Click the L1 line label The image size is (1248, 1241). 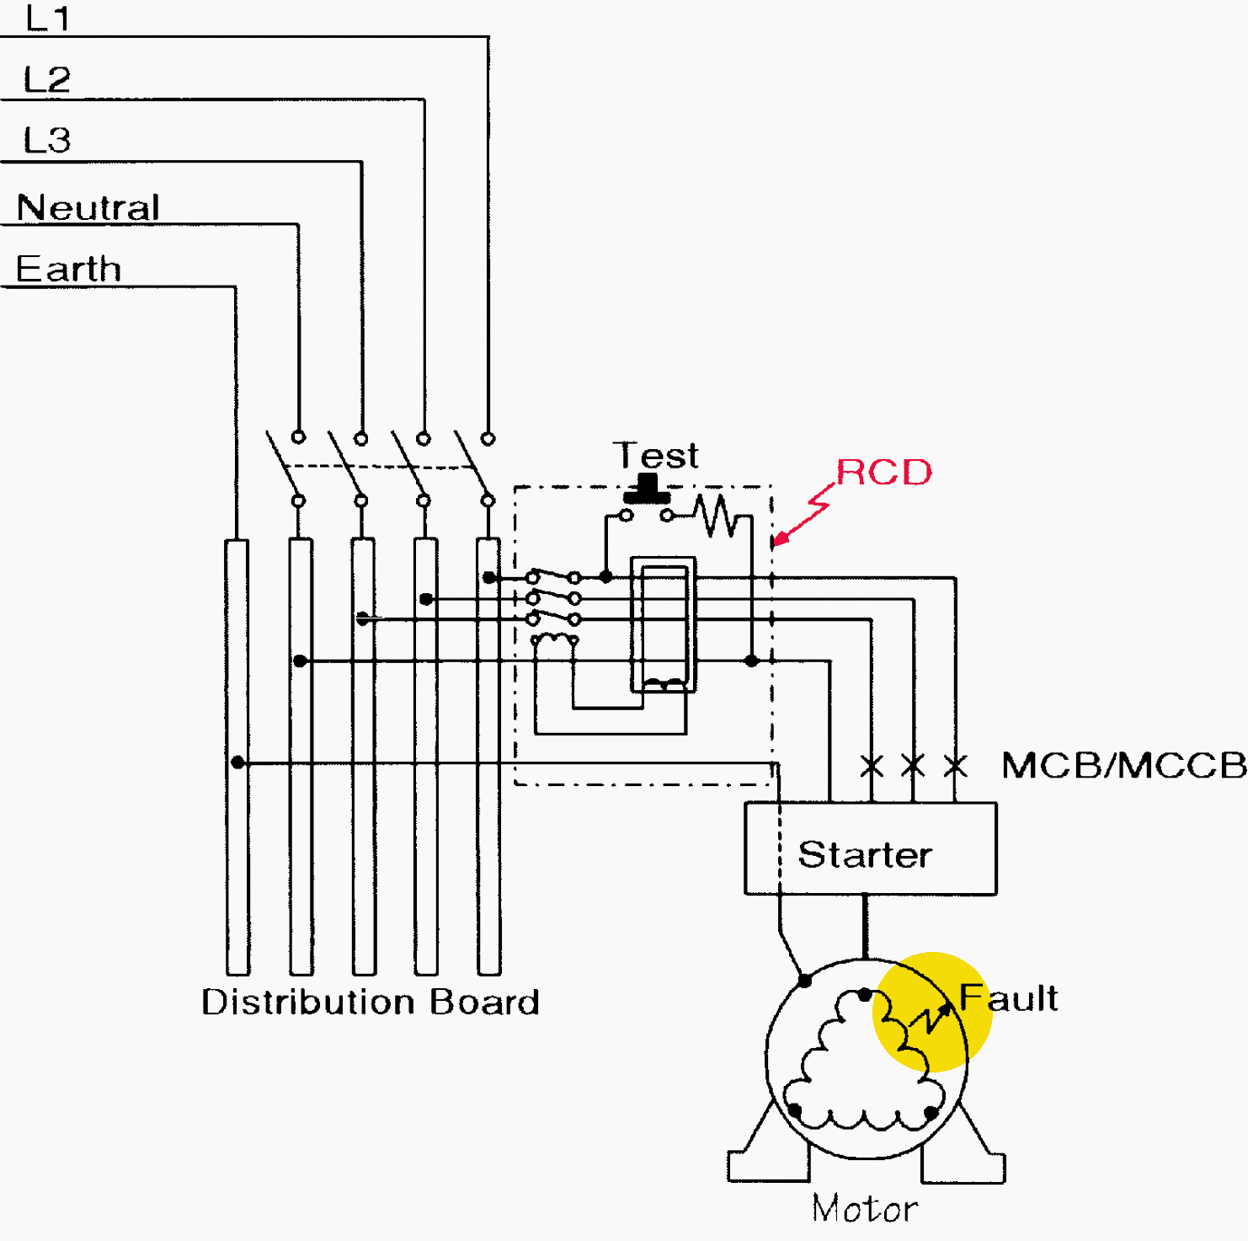48,19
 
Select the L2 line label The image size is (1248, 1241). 47,80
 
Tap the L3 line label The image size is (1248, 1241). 47,141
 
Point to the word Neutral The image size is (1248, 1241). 88,207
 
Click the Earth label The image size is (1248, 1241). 69,269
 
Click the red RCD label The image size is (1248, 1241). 884,473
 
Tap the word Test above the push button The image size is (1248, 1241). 656,456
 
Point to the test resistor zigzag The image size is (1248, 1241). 716,516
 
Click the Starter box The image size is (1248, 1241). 871,848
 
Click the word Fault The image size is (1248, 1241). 1009,998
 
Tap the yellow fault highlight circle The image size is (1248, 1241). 932,1012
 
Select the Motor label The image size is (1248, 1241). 865,1209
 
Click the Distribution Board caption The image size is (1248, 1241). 371,1003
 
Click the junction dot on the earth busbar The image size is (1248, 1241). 237,762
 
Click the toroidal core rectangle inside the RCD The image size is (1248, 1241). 664,624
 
